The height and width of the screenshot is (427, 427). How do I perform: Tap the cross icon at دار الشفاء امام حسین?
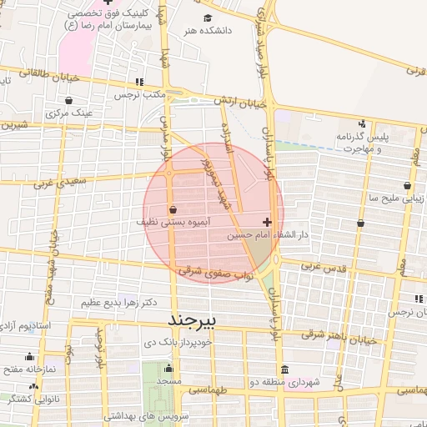267,222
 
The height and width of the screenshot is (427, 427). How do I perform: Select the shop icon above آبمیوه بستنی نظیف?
173,209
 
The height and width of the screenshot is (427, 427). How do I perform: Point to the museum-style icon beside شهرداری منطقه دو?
285,370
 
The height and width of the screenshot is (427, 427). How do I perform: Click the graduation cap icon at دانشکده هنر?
208,18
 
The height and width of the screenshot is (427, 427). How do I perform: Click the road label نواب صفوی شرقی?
214,273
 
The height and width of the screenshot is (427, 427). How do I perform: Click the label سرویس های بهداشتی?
148,414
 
